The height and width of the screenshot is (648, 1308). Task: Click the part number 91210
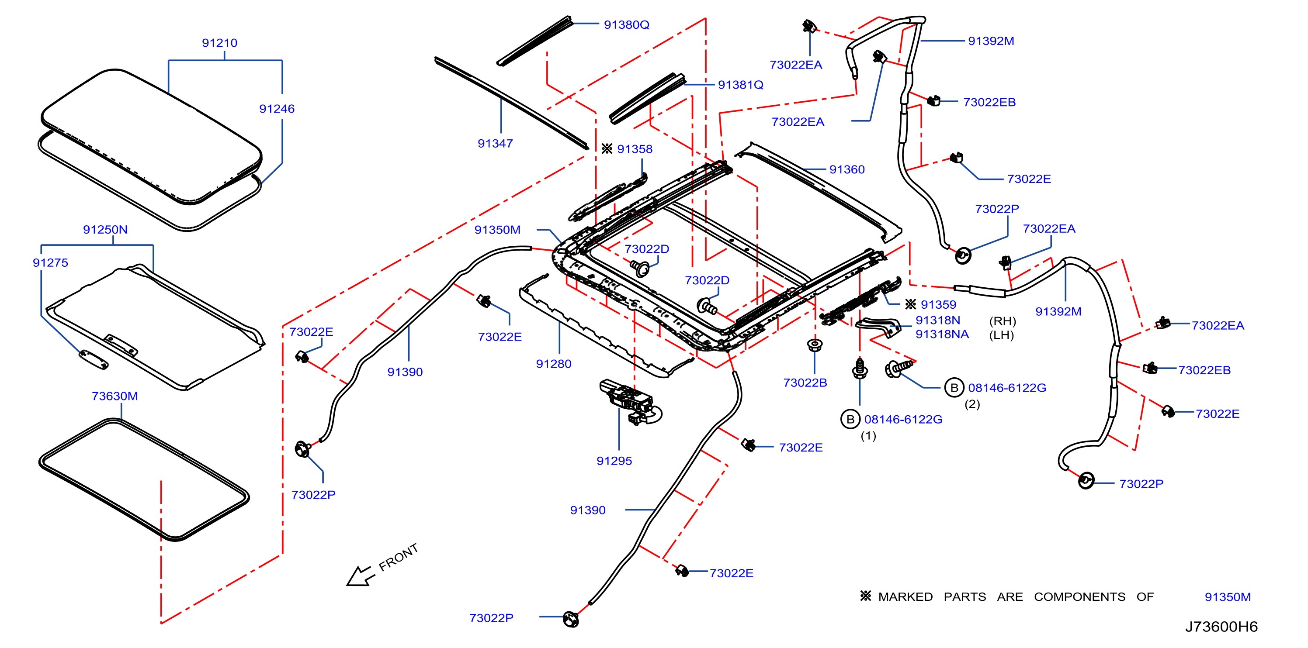click(x=219, y=43)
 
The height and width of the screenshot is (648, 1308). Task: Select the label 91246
click(x=277, y=109)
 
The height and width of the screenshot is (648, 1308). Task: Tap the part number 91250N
click(x=105, y=229)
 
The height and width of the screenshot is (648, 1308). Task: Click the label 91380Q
click(x=627, y=24)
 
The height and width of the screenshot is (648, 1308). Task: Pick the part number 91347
click(x=495, y=143)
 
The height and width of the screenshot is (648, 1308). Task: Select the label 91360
click(x=847, y=169)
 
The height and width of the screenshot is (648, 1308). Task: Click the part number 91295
click(x=614, y=461)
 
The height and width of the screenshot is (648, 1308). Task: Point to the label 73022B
click(x=805, y=383)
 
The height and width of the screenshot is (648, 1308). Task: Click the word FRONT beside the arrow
click(x=399, y=557)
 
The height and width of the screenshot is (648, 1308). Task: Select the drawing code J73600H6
click(x=1221, y=627)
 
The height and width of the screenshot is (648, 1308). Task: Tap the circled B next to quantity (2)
click(x=954, y=388)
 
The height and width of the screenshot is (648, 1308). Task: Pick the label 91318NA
click(x=942, y=334)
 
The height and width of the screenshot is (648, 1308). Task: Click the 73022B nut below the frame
click(x=815, y=345)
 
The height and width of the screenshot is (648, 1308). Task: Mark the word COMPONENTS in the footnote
click(x=1079, y=597)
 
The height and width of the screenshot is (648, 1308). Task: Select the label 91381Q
click(x=740, y=85)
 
